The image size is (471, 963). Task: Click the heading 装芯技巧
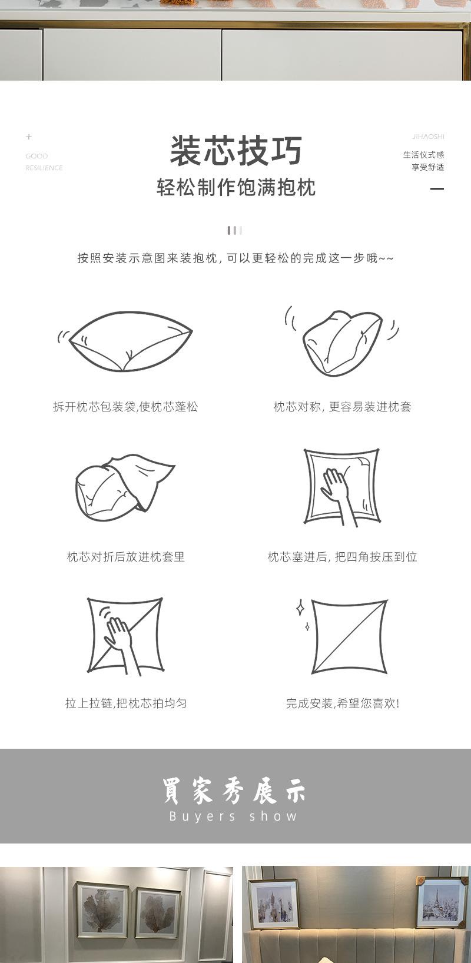point(235,151)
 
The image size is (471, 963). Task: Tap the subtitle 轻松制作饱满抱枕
point(235,187)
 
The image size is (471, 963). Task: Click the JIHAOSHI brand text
point(428,137)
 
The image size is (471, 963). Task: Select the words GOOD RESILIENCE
point(44,162)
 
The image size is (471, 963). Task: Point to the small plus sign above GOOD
point(29,137)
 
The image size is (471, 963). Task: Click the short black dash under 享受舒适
point(437,189)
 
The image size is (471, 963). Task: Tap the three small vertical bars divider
point(235,230)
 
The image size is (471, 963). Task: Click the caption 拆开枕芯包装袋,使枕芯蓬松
point(125,407)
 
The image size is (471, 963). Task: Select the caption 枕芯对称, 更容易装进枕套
point(342,407)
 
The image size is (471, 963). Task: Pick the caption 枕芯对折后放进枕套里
point(125,557)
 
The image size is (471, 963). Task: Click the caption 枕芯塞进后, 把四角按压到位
point(342,557)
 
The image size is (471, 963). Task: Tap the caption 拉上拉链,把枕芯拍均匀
point(125,703)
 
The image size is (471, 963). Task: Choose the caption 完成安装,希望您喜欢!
point(342,703)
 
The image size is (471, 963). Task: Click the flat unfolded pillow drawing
point(131,341)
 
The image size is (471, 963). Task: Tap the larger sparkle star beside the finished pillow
point(300,608)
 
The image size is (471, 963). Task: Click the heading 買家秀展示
point(234,790)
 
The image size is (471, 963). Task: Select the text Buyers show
point(234,816)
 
